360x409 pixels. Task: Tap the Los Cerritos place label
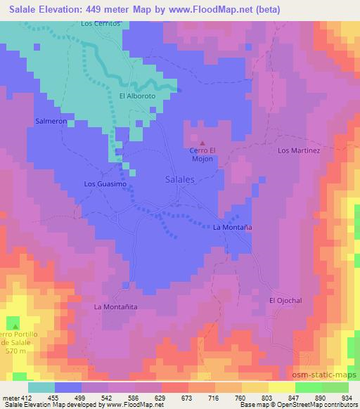(x=101, y=23)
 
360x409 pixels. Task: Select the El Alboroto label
(x=136, y=96)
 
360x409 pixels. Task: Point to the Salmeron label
(x=51, y=121)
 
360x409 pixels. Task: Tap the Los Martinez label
(x=299, y=150)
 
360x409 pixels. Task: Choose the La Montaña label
(x=233, y=228)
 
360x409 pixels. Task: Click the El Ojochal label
(x=285, y=300)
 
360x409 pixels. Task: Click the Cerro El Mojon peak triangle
(x=204, y=143)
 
